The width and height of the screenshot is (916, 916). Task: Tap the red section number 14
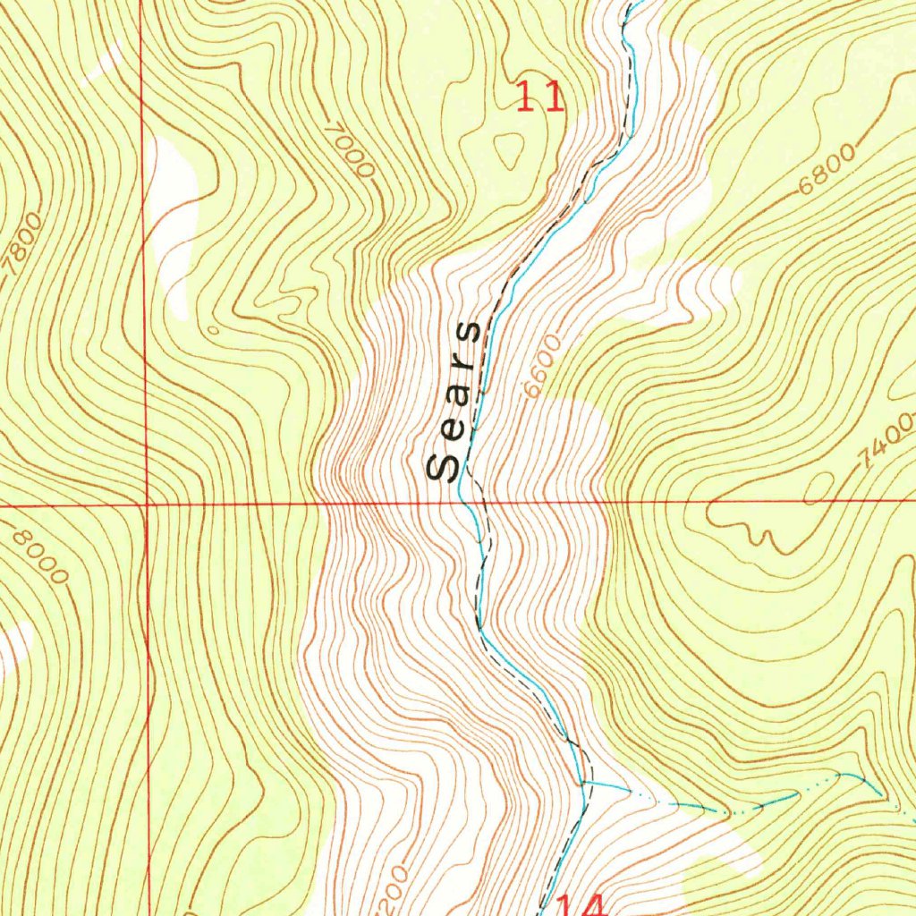582,905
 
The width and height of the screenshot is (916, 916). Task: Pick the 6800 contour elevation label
827,170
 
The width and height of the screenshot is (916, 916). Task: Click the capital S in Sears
443,467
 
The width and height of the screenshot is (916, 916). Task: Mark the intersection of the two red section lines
146,505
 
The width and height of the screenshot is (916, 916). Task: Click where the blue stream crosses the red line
463,503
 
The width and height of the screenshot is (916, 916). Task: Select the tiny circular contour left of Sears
213,329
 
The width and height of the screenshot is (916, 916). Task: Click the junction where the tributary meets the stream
583,783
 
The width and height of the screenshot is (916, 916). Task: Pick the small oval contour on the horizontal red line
818,488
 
